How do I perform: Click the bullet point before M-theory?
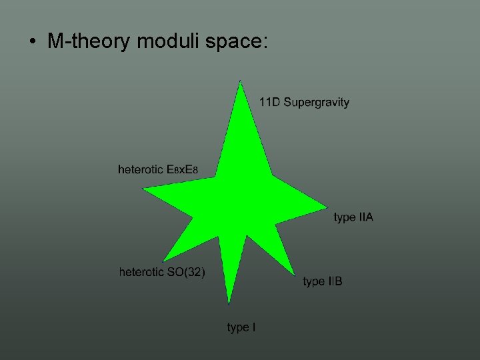coord(32,42)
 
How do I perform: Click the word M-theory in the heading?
coord(89,41)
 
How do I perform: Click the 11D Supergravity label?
coord(304,102)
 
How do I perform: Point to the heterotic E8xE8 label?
coord(157,169)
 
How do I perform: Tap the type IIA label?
coord(353,217)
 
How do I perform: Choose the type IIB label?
coord(323,281)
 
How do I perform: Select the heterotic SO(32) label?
coord(162,272)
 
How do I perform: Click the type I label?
coord(241,327)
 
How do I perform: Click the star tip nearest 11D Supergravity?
coord(240,83)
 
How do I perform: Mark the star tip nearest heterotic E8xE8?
coord(145,189)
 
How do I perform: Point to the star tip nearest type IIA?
coord(325,206)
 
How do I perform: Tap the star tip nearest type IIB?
coord(293,273)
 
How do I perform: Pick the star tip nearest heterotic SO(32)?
coord(163,260)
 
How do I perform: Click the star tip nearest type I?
coord(229,302)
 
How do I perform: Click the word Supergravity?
coord(316,102)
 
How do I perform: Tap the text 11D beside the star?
coord(269,102)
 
